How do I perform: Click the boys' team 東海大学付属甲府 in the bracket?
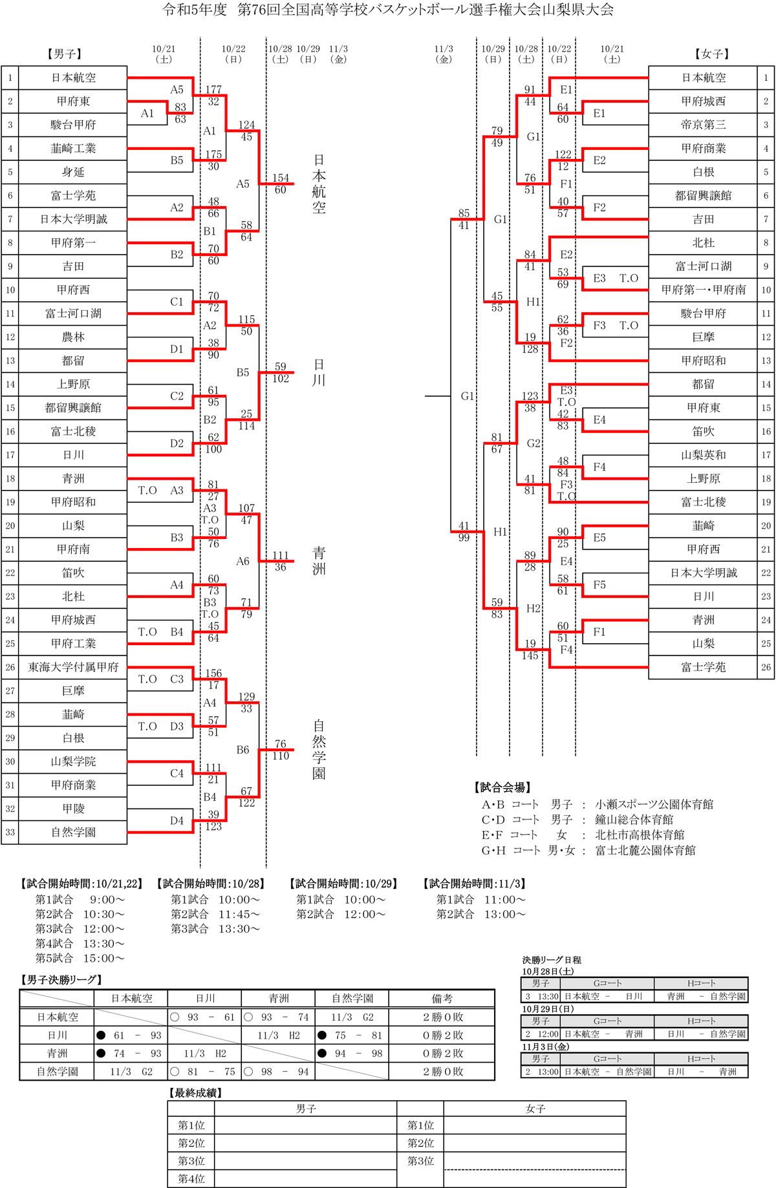tap(73, 667)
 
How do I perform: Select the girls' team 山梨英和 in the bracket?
tap(703, 455)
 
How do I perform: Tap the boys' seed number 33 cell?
tap(10, 833)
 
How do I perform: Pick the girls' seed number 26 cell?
tap(766, 667)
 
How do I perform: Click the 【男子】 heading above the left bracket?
tap(65, 54)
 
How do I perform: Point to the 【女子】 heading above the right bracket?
tap(712, 54)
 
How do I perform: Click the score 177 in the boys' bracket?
tap(213, 89)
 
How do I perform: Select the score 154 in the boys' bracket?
tap(280, 178)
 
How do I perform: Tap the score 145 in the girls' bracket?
tap(530, 655)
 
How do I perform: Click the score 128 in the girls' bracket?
tap(530, 349)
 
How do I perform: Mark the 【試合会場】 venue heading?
tap(503, 787)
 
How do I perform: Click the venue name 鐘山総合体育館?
tap(634, 820)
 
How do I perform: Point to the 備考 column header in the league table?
tap(442, 999)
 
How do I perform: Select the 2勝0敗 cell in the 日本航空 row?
tap(443, 1017)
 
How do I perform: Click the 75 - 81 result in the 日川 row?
tap(358, 1035)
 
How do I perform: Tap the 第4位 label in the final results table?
tap(191, 1179)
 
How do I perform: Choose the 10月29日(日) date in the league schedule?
tap(548, 1009)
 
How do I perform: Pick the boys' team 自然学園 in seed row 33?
tap(73, 833)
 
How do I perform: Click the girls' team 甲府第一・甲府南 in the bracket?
tap(703, 290)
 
